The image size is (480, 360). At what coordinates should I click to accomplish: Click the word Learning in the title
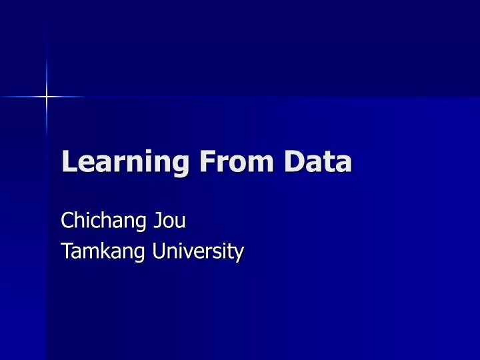pyautogui.click(x=117, y=163)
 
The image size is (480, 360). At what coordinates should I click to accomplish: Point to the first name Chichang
pyautogui.click(x=100, y=221)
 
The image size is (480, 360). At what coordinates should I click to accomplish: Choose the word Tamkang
pyautogui.click(x=97, y=252)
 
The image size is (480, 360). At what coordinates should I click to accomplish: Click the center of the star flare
pyautogui.click(x=47, y=97)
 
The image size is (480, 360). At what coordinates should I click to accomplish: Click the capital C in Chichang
pyautogui.click(x=67, y=220)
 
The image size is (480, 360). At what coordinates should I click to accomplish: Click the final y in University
pyautogui.click(x=239, y=255)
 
